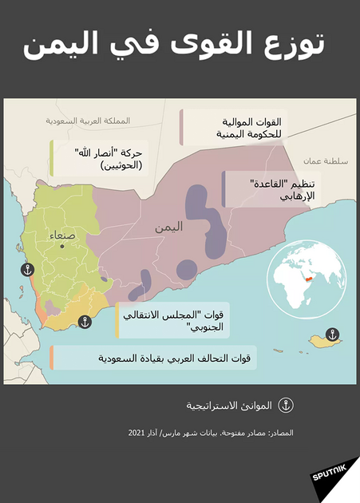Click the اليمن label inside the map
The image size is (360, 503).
coord(168,227)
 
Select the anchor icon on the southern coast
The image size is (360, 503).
coord(84,323)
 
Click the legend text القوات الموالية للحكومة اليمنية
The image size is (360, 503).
coord(239,128)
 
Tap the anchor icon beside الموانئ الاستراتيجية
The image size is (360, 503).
coord(284,405)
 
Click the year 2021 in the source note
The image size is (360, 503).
coord(136,432)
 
